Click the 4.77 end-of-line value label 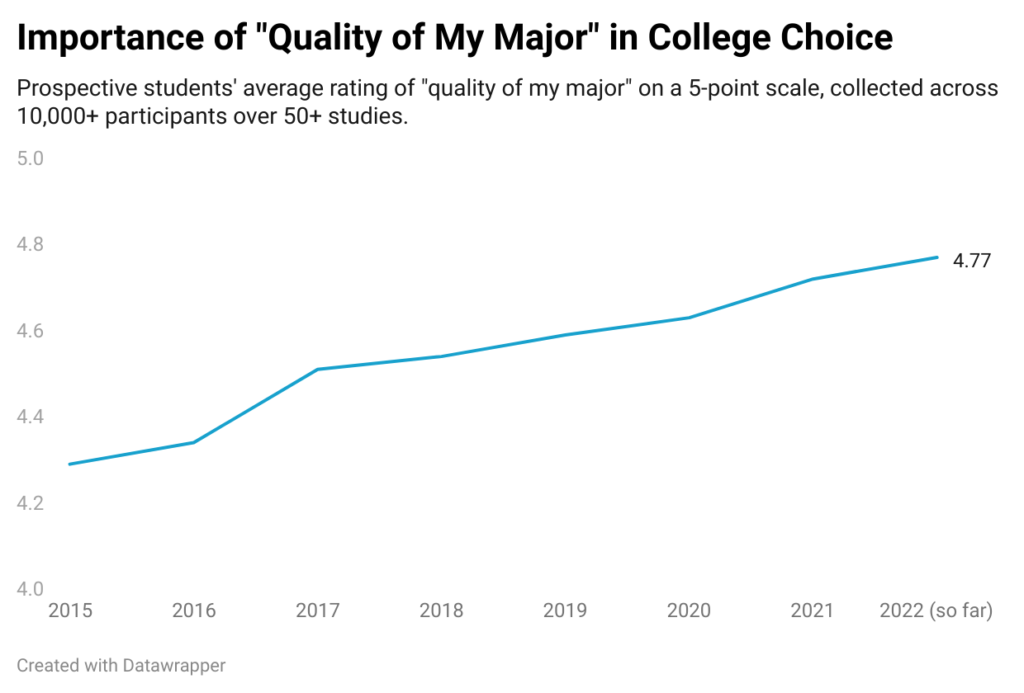(972, 261)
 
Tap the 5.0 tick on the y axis (31, 158)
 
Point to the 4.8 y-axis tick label (31, 244)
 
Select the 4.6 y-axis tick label (31, 331)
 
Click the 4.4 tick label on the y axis (31, 417)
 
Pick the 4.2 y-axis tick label (31, 503)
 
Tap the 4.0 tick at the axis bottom (31, 589)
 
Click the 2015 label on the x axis (70, 610)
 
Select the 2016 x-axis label (194, 610)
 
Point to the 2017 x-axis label (318, 610)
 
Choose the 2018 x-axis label (442, 610)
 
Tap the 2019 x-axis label (566, 610)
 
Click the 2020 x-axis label (689, 610)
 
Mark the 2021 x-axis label (813, 610)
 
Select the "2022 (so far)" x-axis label (936, 610)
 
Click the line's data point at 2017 (318, 369)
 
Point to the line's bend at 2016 (194, 442)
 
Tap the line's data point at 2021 (813, 279)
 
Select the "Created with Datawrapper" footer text (121, 665)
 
